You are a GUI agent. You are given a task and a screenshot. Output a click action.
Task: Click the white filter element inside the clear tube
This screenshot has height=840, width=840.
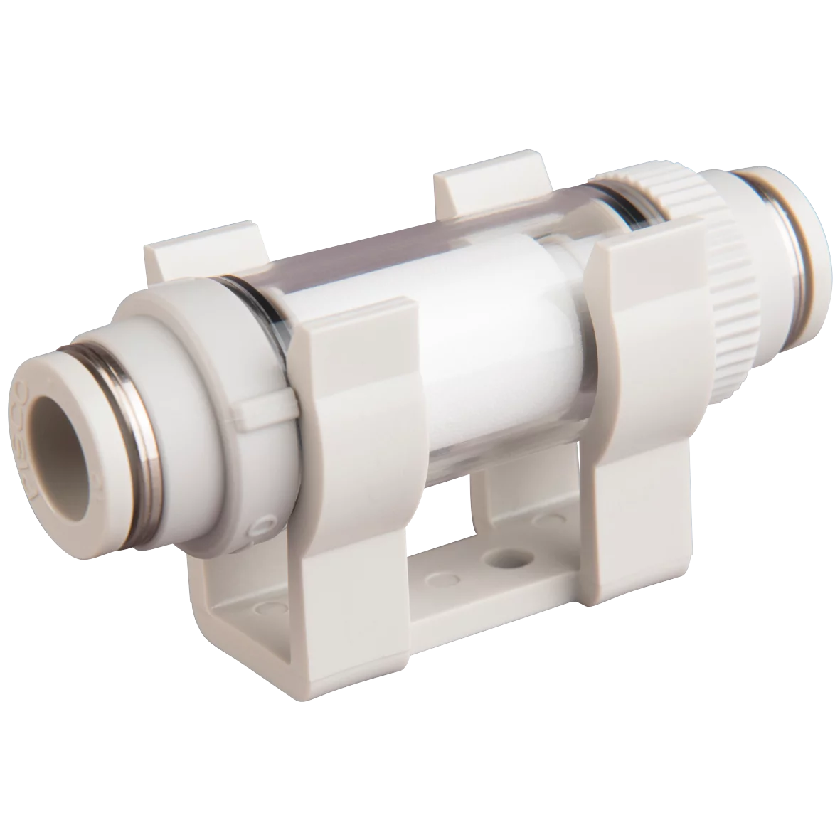pos(484,341)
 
